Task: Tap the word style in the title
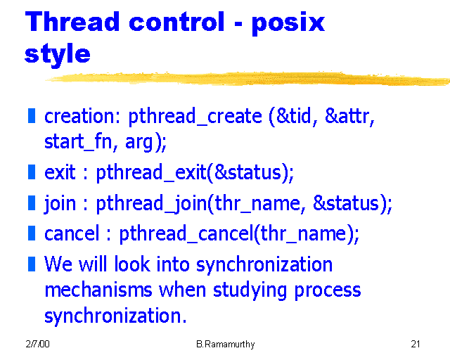57,53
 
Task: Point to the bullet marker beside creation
31,115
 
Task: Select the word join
60,204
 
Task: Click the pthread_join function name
149,205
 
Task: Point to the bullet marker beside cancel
31,233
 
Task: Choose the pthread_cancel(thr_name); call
239,234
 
